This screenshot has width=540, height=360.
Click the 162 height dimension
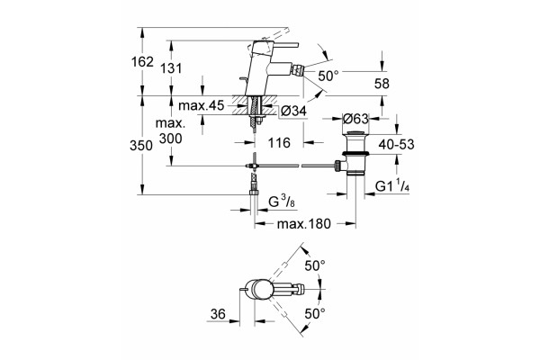(x=142, y=62)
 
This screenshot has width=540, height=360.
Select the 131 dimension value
(x=171, y=68)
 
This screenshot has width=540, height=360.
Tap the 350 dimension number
(x=141, y=146)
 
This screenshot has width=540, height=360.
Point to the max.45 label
(x=201, y=105)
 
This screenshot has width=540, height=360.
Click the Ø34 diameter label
(x=293, y=111)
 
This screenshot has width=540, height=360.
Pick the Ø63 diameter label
(x=355, y=119)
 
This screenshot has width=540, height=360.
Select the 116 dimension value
(x=279, y=142)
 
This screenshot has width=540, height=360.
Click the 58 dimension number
(x=382, y=84)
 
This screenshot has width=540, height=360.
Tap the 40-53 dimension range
(x=396, y=145)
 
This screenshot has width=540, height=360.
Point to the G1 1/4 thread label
(x=392, y=186)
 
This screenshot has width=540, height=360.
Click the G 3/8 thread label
(x=282, y=202)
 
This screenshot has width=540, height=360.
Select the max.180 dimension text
(x=304, y=224)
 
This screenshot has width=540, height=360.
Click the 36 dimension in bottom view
(x=218, y=314)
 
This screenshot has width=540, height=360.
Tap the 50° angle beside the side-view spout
(x=328, y=76)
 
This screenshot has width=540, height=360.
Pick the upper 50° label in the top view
(x=315, y=265)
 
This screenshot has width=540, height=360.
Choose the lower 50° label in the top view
(x=315, y=314)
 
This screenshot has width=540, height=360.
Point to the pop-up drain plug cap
(x=355, y=134)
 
